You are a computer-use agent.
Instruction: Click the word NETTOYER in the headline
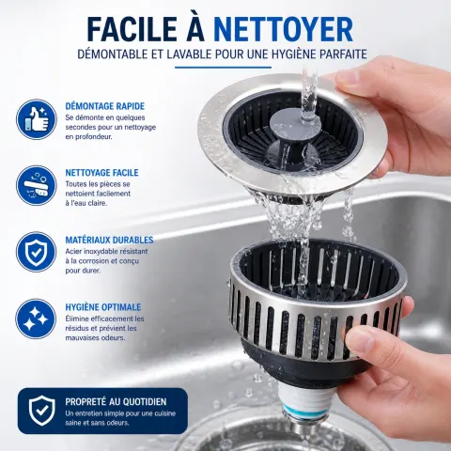coord(283,29)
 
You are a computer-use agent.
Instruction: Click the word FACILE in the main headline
coord(132,29)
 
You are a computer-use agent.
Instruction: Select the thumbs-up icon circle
coord(37,119)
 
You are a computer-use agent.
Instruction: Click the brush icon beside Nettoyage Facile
coord(37,185)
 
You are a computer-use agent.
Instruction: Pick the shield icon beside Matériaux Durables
coord(37,252)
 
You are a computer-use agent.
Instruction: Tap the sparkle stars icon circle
coord(36,319)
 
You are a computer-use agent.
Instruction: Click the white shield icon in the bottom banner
coord(41,411)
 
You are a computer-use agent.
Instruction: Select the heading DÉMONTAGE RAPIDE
coord(105,106)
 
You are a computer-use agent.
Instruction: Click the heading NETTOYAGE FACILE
coord(101,173)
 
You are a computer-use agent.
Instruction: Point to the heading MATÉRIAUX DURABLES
coord(109,240)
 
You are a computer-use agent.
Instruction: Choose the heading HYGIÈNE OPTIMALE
coord(103,307)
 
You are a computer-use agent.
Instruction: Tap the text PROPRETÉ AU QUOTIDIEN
coord(116,402)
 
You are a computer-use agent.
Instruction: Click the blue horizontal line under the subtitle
coord(223,68)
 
